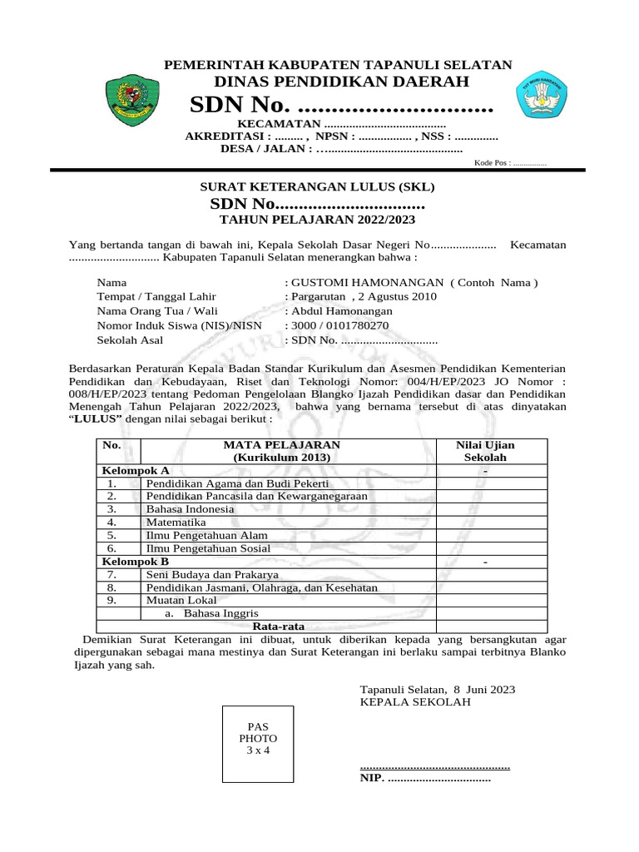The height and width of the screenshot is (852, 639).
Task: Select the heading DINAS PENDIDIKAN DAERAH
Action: pyautogui.click(x=341, y=81)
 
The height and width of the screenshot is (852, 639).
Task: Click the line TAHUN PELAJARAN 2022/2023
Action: pyautogui.click(x=315, y=220)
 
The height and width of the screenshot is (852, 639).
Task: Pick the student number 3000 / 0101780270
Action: pyautogui.click(x=339, y=325)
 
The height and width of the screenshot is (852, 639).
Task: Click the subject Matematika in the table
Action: pyautogui.click(x=176, y=522)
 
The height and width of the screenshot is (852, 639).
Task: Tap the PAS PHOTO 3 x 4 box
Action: pyautogui.click(x=258, y=739)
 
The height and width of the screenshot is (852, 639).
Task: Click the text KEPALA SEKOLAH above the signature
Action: pyautogui.click(x=414, y=702)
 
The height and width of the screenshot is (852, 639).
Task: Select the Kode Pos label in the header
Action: pyautogui.click(x=491, y=164)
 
